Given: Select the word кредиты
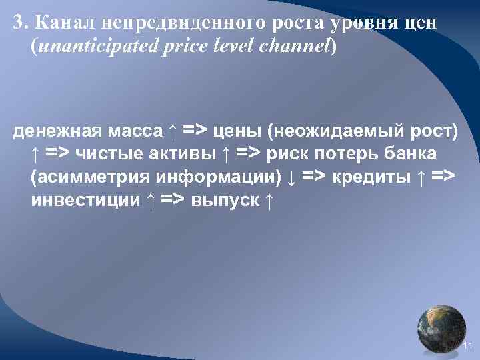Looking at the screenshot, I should pos(370,177).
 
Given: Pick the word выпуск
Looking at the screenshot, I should pos(224,200).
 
